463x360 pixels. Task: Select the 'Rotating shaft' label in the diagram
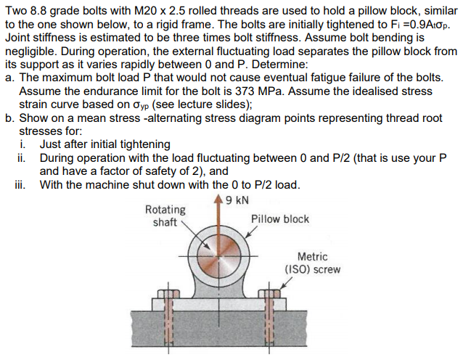click(x=165, y=216)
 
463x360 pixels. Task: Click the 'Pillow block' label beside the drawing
click(x=280, y=218)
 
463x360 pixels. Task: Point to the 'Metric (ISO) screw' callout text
click(x=312, y=263)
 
